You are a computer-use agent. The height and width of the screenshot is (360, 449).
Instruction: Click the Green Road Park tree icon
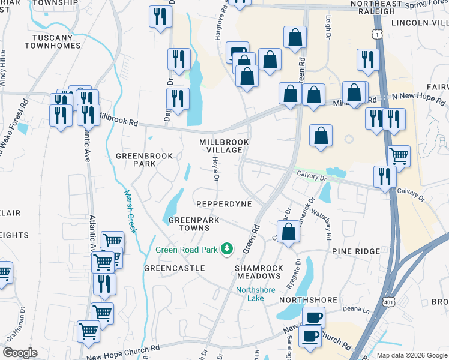[x=226, y=248]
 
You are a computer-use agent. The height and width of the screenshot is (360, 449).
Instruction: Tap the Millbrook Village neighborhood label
[x=224, y=145]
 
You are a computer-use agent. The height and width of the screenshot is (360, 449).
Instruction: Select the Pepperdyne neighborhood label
[x=223, y=204]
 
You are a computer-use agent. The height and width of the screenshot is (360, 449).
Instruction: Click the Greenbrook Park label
[x=144, y=160]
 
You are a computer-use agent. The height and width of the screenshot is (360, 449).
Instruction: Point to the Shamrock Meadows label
[x=258, y=271]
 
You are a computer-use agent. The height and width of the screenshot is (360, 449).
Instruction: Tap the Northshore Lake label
[x=255, y=294]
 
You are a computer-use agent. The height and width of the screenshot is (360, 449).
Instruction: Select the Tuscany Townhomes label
[x=52, y=41]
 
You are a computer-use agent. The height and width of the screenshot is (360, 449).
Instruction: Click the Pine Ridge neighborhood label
[x=355, y=251]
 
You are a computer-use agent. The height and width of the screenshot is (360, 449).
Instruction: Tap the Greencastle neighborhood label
[x=174, y=268]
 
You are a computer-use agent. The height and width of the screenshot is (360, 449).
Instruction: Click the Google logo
[x=20, y=353]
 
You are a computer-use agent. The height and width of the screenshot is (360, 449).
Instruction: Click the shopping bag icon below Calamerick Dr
[x=289, y=234]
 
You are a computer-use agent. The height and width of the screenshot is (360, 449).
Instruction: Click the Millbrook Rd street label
[x=118, y=119]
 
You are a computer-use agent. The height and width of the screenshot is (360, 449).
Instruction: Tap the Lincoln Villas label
[x=420, y=23]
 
